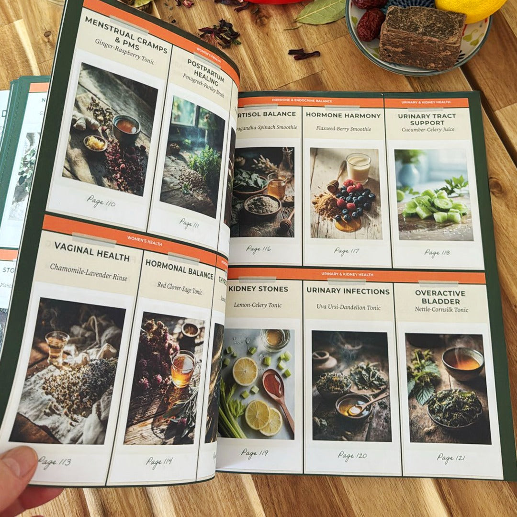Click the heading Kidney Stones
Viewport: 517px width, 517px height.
click(x=258, y=289)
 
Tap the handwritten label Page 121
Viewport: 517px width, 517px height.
click(x=445, y=458)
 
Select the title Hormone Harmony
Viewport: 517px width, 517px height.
click(x=343, y=115)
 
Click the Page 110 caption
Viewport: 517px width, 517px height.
click(x=101, y=202)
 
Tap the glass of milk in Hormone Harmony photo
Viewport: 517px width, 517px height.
click(x=359, y=168)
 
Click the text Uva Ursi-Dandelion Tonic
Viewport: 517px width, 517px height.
click(x=348, y=307)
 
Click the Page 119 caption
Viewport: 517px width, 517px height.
click(x=254, y=452)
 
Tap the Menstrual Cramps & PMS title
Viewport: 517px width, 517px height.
click(x=126, y=35)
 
